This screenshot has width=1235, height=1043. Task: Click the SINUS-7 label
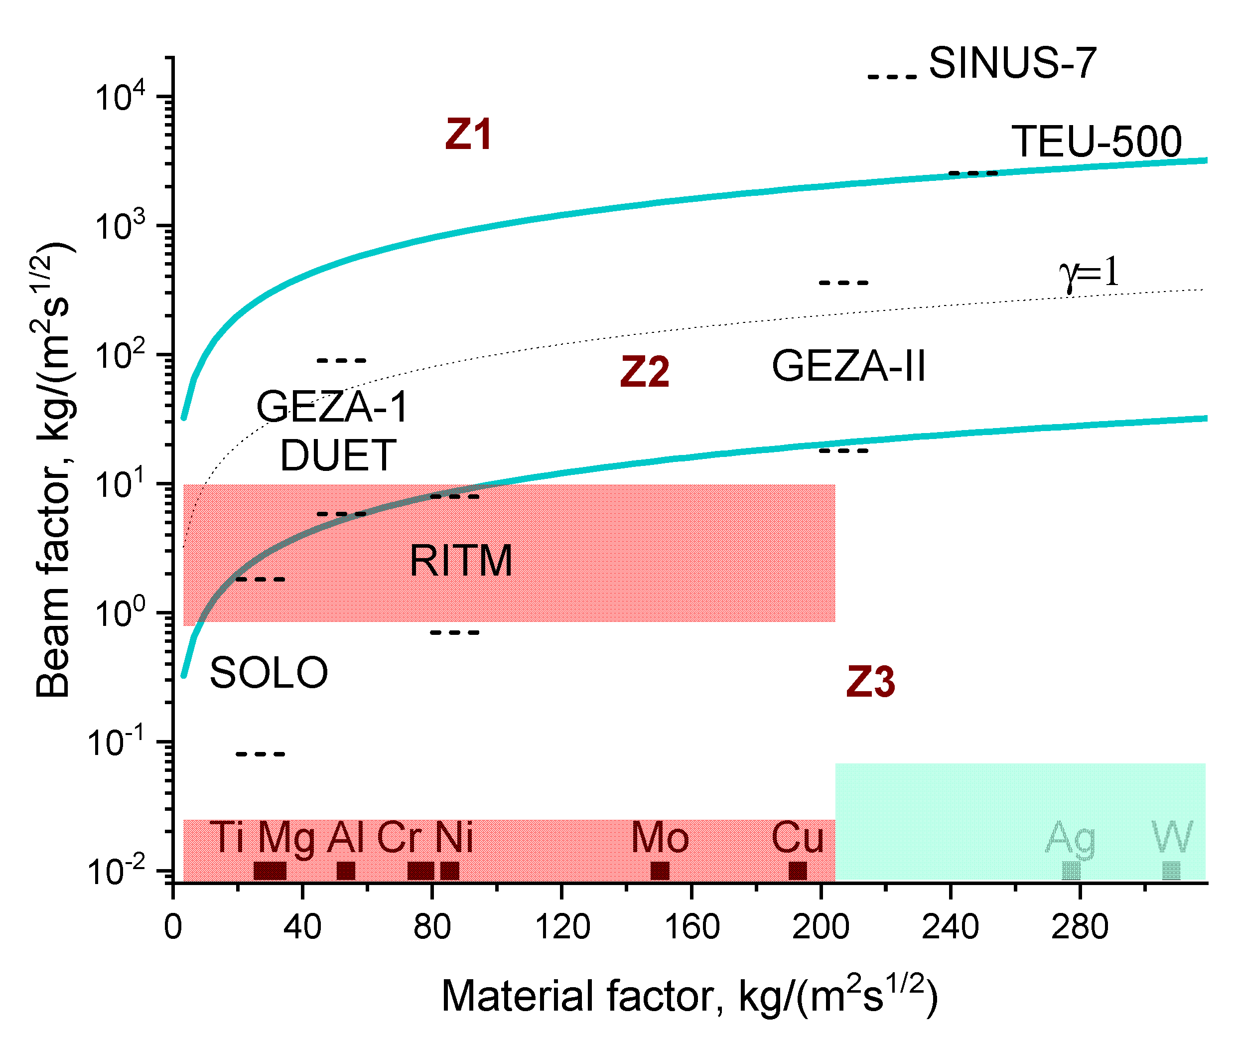(1012, 63)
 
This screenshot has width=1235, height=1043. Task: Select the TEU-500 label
(1097, 142)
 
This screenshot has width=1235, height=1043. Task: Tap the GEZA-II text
(848, 366)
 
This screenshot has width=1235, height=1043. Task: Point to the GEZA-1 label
(332, 408)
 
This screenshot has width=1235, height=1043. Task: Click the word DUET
(338, 455)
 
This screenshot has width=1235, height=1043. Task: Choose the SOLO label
(269, 673)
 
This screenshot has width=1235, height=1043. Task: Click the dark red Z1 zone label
(469, 135)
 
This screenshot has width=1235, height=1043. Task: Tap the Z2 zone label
(644, 373)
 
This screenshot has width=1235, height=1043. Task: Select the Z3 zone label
(870, 682)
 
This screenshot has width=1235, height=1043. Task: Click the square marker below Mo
(660, 871)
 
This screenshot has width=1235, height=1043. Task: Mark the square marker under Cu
(798, 871)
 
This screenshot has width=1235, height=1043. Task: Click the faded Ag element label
(1070, 838)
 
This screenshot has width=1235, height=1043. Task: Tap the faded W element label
(1172, 837)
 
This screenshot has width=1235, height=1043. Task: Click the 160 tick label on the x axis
(691, 927)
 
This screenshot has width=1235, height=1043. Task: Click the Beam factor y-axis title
(54, 470)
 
